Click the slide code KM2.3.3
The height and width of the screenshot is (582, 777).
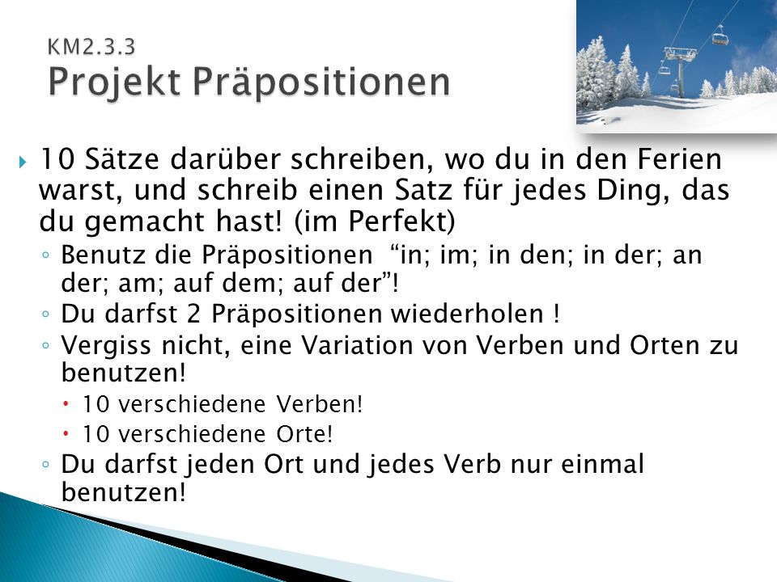(91, 47)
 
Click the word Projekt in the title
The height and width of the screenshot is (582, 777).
(114, 82)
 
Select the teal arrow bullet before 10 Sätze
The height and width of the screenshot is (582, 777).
(23, 162)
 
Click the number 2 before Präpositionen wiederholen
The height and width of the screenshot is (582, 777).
(193, 314)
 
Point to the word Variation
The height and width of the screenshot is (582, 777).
(357, 345)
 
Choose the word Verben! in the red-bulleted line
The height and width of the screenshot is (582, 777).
(320, 404)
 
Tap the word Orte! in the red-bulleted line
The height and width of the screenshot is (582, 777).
(304, 435)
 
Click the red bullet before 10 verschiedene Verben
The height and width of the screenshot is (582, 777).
(66, 404)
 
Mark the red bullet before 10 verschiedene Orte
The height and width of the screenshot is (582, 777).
(66, 434)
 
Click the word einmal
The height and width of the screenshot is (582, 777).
(602, 465)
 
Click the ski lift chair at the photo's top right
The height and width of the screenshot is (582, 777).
(720, 37)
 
